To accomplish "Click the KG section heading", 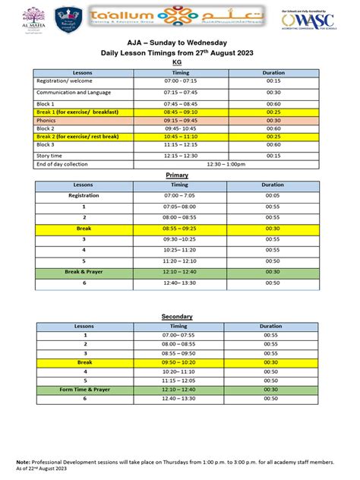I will point(179,63).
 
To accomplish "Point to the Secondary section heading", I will point(177,316).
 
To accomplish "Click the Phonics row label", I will point(46,120).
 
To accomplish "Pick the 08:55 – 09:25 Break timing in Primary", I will point(179,228).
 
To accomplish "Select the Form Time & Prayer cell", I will point(85,389).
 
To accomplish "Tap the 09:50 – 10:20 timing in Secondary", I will point(178,362).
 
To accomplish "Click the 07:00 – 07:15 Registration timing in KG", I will point(180,80).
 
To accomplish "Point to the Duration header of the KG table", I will point(273,73).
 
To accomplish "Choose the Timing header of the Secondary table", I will point(178,326).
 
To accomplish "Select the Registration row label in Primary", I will point(84,195).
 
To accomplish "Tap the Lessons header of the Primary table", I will point(84,185).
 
